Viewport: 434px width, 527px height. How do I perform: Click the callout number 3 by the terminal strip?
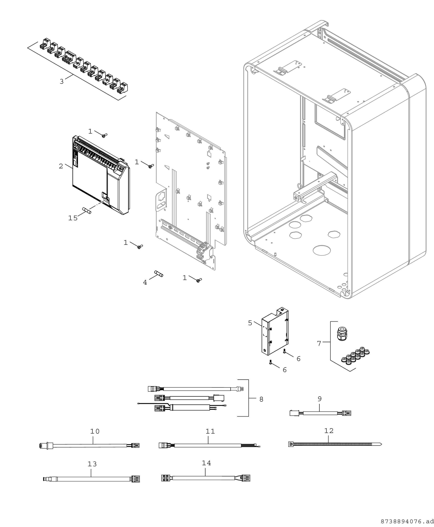click(62, 82)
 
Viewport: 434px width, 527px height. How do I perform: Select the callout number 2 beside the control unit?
click(61, 166)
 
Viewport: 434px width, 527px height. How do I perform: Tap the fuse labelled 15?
click(87, 210)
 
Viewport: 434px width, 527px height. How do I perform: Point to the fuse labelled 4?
click(159, 274)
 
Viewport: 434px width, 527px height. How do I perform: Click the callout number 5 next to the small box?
click(250, 323)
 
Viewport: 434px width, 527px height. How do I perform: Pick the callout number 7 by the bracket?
click(319, 343)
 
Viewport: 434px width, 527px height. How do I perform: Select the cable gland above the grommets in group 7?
click(342, 334)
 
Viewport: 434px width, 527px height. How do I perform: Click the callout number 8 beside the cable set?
click(261, 399)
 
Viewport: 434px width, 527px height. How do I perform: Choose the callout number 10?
click(95, 431)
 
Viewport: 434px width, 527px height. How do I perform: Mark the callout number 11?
click(210, 431)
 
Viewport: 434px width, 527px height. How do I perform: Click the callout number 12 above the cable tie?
click(329, 431)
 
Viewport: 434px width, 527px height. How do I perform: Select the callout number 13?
click(92, 464)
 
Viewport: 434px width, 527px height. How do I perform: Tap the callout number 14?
click(207, 463)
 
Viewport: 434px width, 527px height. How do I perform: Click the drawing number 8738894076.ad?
click(407, 521)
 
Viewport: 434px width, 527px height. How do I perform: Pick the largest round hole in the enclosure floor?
click(322, 250)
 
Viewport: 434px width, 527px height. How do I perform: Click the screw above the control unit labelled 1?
click(105, 135)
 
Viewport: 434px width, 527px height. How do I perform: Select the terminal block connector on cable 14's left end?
click(166, 478)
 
